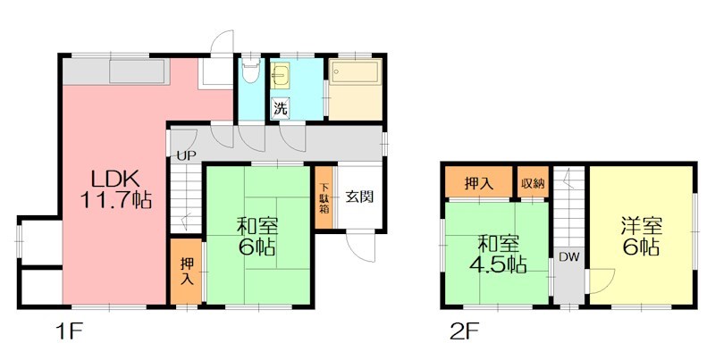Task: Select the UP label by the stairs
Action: (x=185, y=155)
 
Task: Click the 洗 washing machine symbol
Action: (x=281, y=109)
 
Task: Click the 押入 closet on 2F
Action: (x=478, y=182)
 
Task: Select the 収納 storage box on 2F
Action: (x=533, y=182)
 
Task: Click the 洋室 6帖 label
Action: (x=640, y=234)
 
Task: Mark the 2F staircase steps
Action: (x=568, y=205)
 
